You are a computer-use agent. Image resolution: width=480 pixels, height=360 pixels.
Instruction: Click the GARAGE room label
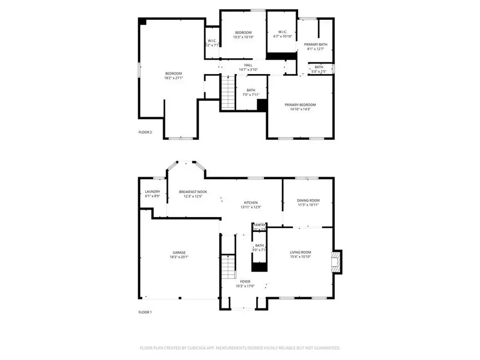click(179, 252)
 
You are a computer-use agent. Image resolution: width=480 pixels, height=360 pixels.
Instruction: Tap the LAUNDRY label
click(153, 192)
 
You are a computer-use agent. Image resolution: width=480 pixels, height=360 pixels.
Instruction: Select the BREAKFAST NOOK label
click(193, 192)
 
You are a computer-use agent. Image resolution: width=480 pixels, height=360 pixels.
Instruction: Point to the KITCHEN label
click(251, 203)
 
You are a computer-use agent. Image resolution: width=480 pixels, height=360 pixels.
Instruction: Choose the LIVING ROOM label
click(300, 252)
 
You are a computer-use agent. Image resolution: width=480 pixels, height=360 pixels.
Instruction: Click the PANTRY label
click(260, 225)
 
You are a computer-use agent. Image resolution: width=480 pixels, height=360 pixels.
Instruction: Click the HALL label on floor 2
click(249, 65)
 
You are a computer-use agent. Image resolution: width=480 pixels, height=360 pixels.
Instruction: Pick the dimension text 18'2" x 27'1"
click(173, 78)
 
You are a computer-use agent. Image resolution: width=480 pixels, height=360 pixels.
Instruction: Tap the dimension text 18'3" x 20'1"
click(179, 257)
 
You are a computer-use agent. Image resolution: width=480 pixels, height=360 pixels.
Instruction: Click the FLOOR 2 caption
click(145, 132)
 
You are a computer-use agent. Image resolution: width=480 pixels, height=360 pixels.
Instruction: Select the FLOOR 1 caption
click(145, 312)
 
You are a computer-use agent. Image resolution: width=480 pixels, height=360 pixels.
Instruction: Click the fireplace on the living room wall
click(337, 262)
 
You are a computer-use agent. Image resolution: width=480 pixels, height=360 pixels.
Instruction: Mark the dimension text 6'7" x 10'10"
click(283, 36)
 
